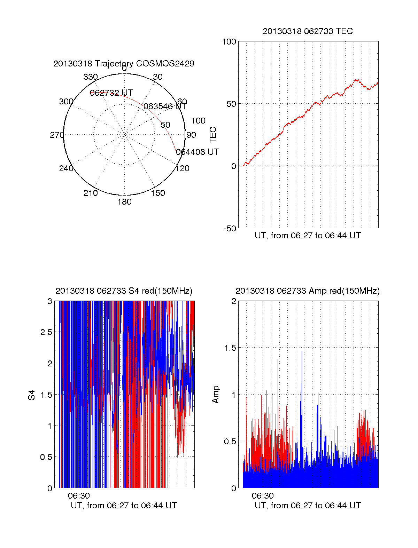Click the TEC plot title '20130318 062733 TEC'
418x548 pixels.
point(308,31)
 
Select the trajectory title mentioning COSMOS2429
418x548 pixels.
point(124,64)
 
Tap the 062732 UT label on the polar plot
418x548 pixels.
point(111,93)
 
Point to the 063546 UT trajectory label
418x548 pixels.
point(165,106)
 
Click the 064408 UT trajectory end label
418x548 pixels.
point(198,152)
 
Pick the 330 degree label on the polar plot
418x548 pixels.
point(90,77)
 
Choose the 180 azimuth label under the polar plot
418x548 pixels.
point(124,202)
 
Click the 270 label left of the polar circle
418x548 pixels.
point(57,135)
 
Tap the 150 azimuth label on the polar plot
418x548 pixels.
point(158,193)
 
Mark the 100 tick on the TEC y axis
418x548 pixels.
point(229,42)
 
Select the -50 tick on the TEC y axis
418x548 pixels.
point(230,229)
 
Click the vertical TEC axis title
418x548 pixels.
point(213,135)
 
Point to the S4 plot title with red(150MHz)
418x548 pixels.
point(124,291)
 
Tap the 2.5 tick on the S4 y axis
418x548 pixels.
point(46,332)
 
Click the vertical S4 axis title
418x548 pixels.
point(32,395)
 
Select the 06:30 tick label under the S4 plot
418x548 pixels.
point(79,496)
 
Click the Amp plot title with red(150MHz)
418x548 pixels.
point(308,291)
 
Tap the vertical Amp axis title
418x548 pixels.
point(216,395)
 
